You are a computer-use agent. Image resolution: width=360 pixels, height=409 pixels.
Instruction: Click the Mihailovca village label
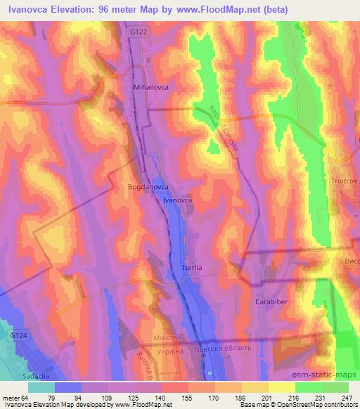(x=150, y=88)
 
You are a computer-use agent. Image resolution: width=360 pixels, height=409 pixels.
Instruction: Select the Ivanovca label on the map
(x=178, y=200)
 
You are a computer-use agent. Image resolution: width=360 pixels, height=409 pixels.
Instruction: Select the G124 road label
(x=19, y=337)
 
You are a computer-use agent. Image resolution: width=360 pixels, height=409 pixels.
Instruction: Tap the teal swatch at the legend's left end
(x=41, y=387)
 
